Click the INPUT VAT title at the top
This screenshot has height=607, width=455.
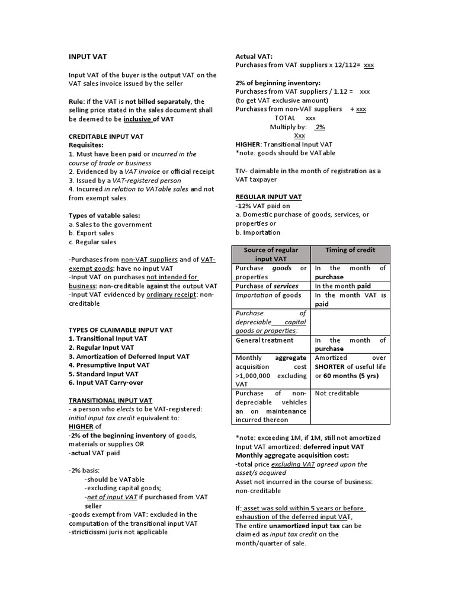pyautogui.click(x=88, y=57)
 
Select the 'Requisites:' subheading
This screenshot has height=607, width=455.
pyautogui.click(x=86, y=145)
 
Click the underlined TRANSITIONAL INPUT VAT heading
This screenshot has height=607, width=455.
pyautogui.click(x=110, y=401)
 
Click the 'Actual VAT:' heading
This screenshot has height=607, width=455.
pyautogui.click(x=254, y=56)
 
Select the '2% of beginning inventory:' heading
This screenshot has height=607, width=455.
pyautogui.click(x=278, y=83)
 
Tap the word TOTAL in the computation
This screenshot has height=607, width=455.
pyautogui.click(x=284, y=118)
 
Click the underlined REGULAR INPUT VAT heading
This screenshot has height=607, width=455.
pyautogui.click(x=268, y=197)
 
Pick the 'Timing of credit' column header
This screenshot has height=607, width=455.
pyautogui.click(x=350, y=250)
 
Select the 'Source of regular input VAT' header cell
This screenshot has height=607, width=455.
pyautogui.click(x=271, y=254)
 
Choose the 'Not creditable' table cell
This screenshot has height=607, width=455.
pyautogui.click(x=337, y=393)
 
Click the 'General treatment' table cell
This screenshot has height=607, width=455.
pyautogui.click(x=265, y=340)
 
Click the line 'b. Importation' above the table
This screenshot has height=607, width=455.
pyautogui.click(x=258, y=232)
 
